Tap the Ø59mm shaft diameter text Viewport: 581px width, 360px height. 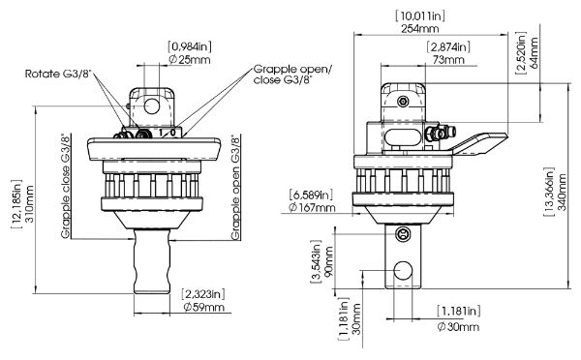tap(203, 308)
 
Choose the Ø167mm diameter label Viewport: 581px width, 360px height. tap(312, 207)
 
